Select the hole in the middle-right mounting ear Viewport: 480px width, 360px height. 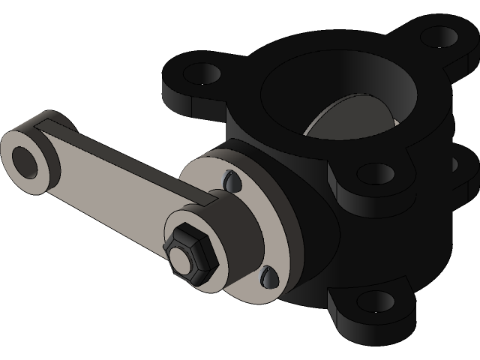tap(375, 173)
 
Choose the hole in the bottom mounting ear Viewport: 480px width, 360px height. tap(375, 301)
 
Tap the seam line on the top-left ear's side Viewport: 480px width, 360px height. tap(193, 110)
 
